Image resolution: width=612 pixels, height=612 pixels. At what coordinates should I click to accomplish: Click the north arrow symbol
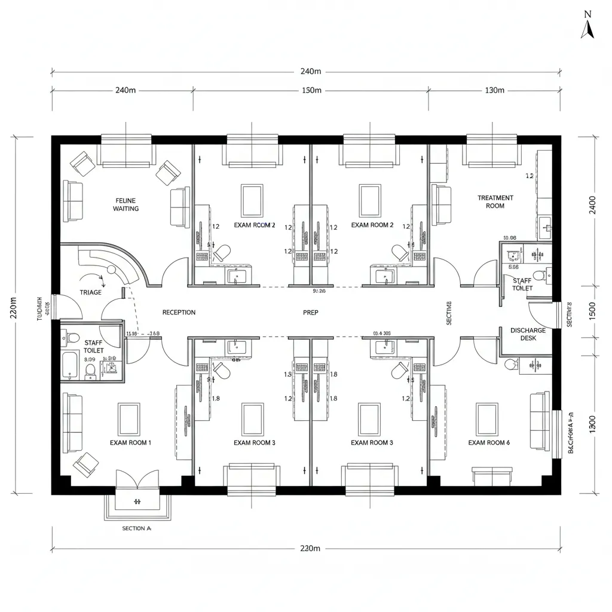pos(587,26)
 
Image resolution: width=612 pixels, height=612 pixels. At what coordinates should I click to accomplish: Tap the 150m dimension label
pos(310,90)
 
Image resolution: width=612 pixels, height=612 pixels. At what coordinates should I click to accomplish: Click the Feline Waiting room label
pos(126,204)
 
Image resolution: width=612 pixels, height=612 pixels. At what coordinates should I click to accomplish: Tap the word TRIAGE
pos(90,292)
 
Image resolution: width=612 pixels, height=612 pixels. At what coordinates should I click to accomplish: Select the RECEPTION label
pos(179,313)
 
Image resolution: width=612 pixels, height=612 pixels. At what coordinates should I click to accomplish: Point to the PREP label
pos(310,313)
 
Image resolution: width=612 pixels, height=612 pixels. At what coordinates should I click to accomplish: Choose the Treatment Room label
pos(495,201)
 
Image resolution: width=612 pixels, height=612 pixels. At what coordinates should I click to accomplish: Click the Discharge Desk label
pos(528,334)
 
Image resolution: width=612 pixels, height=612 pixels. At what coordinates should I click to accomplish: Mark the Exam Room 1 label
pos(130,443)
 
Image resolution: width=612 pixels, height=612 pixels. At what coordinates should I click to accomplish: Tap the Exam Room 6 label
pos(489,443)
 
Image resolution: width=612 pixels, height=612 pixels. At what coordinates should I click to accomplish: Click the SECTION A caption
pos(137,528)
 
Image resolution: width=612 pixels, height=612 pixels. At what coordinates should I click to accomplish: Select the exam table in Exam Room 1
pos(129,419)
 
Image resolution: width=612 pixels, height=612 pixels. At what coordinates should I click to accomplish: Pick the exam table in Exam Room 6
pos(487,418)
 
